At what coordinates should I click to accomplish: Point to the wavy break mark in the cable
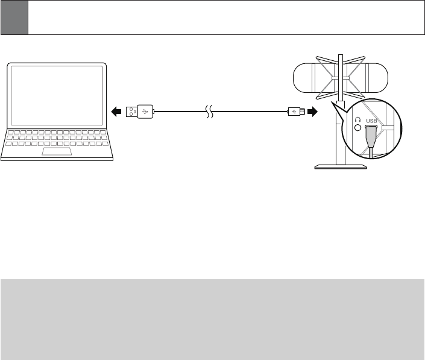pos(209,112)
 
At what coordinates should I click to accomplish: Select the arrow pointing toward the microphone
pos(312,111)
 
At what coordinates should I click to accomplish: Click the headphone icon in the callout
pos(357,121)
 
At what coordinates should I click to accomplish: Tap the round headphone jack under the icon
pos(357,128)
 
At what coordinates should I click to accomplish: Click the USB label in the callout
pos(371,121)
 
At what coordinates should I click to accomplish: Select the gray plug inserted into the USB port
pos(371,138)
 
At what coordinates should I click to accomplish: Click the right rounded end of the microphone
pos(386,77)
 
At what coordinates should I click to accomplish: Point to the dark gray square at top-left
pos(14,17)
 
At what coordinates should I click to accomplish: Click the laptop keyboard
pos(58,137)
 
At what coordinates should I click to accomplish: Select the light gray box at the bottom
pos(212,319)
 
